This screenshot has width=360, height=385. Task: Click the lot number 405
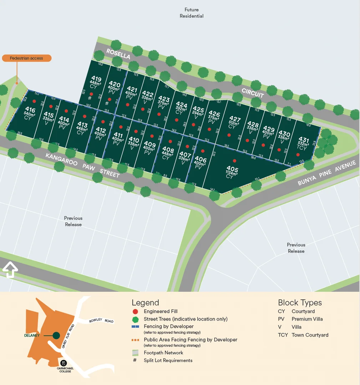click(232, 169)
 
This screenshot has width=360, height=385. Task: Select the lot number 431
click(304, 140)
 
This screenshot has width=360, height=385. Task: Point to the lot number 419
click(96, 79)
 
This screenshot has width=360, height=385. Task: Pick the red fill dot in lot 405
click(234, 161)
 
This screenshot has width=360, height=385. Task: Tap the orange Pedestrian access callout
click(27, 58)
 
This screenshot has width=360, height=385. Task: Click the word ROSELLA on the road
click(118, 54)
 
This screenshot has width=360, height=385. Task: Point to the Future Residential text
click(192, 13)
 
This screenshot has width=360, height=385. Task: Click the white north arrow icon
click(10, 269)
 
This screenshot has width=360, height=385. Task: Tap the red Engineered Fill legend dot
click(135, 311)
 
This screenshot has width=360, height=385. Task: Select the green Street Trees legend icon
click(135, 319)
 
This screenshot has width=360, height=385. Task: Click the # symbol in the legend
click(135, 360)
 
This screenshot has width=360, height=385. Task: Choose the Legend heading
click(145, 303)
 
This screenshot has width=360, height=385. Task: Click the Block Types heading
click(300, 303)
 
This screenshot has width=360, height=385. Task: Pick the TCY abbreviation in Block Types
click(283, 335)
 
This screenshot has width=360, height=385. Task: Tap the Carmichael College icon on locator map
click(64, 363)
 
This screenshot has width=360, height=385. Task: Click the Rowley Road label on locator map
click(101, 321)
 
